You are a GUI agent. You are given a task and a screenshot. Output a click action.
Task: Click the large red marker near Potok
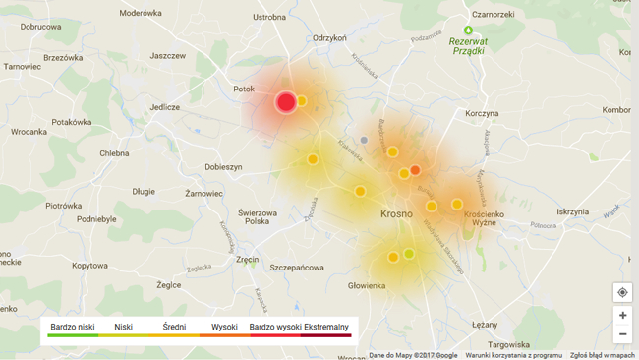286,101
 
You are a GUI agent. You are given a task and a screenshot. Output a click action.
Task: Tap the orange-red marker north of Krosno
415,171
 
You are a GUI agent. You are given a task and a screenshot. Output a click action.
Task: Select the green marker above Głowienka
409,254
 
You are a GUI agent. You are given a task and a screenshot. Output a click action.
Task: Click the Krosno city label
397,213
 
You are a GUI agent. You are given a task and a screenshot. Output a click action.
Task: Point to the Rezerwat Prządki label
467,46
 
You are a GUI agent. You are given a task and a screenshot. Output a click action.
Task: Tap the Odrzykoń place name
329,38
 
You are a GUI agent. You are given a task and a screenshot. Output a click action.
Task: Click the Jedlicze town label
164,107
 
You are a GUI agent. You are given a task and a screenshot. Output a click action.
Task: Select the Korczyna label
482,114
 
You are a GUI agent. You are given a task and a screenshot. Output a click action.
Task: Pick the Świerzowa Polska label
258,216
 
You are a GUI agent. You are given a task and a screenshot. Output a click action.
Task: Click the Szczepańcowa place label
297,268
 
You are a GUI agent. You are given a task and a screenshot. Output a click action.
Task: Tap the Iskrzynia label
572,211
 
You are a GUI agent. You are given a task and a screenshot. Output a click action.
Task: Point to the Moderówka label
141,14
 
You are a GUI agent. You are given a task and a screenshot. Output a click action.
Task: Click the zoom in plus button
622,316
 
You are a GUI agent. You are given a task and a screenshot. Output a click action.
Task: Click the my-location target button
622,293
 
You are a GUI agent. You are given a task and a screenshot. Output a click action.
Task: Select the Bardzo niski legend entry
73,327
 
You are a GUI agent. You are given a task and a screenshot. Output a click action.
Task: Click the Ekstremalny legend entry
325,327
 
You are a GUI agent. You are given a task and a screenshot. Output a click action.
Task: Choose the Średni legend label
174,327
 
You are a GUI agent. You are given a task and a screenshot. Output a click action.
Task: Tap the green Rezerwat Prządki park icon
469,30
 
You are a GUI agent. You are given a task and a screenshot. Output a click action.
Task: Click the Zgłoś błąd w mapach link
602,355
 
